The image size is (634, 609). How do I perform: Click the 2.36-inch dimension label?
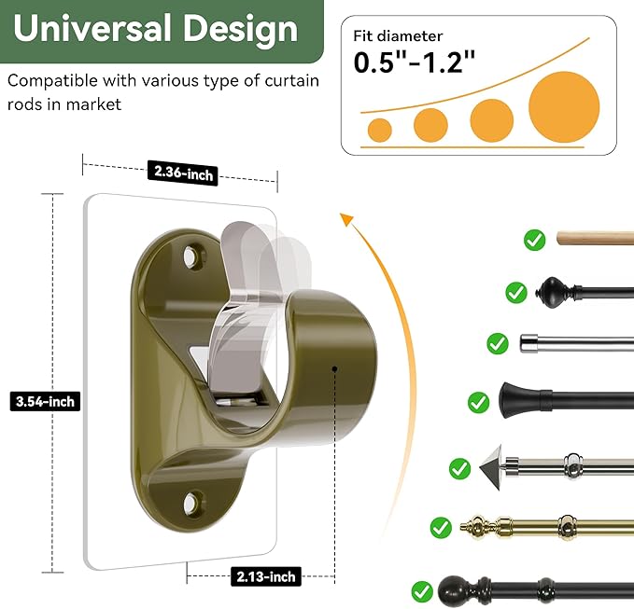[183, 173]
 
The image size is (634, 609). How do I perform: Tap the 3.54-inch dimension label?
[45, 401]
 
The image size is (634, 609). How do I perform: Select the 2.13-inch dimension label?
[266, 576]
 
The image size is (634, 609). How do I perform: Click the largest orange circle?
[564, 107]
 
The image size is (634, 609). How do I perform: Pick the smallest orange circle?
[380, 130]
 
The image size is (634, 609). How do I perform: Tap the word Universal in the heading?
[92, 29]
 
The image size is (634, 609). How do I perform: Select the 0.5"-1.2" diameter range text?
[415, 62]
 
